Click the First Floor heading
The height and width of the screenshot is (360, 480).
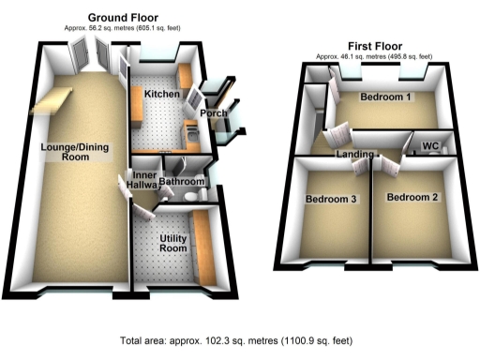click(375, 44)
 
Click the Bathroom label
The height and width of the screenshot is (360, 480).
click(182, 181)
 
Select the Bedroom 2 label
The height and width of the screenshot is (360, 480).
click(412, 197)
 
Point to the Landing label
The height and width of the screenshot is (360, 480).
click(356, 154)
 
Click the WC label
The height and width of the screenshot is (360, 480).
click(431, 146)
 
